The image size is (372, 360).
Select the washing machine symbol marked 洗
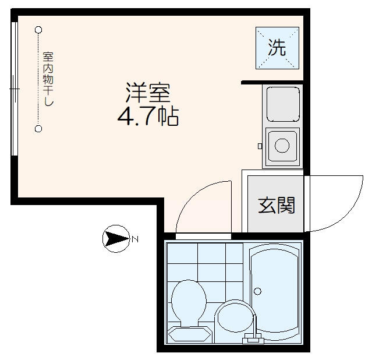(x=277, y=48)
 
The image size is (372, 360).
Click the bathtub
(x=275, y=291)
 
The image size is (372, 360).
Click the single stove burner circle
(x=282, y=145)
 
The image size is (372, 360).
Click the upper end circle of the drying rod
(x=38, y=30)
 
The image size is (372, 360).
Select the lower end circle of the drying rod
(x=38, y=129)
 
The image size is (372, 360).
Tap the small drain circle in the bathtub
(x=257, y=291)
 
